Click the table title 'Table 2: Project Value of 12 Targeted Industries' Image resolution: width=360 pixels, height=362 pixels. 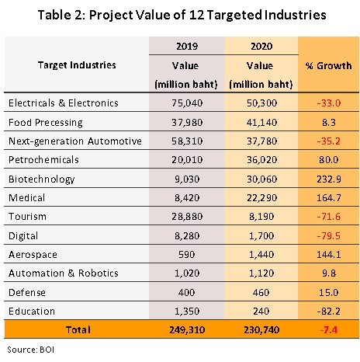pos(182,15)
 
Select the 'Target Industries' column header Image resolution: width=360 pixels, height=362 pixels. pos(77,65)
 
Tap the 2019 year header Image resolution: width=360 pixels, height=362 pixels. pos(187,47)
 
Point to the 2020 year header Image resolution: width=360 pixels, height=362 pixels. pos(261,47)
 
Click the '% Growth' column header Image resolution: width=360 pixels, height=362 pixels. pos(328,66)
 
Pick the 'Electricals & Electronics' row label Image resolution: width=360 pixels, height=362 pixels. pos(64,103)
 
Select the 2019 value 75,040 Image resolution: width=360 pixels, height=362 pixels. pos(187,103)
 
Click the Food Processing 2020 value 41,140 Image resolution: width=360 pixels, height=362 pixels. pos(261,122)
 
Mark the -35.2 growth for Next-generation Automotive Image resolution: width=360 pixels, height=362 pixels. pos(328,141)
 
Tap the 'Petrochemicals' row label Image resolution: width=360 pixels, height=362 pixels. pos(43,160)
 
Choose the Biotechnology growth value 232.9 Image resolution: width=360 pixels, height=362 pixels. pos(329,179)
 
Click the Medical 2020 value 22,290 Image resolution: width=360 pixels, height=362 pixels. pos(261,198)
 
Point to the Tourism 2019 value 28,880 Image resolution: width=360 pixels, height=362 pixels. pos(187,217)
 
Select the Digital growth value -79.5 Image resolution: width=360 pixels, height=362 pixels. pos(328,235)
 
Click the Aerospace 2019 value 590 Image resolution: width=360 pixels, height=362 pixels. pos(187,255)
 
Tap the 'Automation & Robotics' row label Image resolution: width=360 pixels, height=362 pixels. pos(64,273)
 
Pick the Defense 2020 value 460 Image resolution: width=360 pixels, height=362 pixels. pos(261,292)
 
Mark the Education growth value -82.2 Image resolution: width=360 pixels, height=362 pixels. pos(328,311)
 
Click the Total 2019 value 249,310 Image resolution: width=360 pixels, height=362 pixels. pos(187,330)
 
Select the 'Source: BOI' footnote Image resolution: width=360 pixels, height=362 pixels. pos(31,350)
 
